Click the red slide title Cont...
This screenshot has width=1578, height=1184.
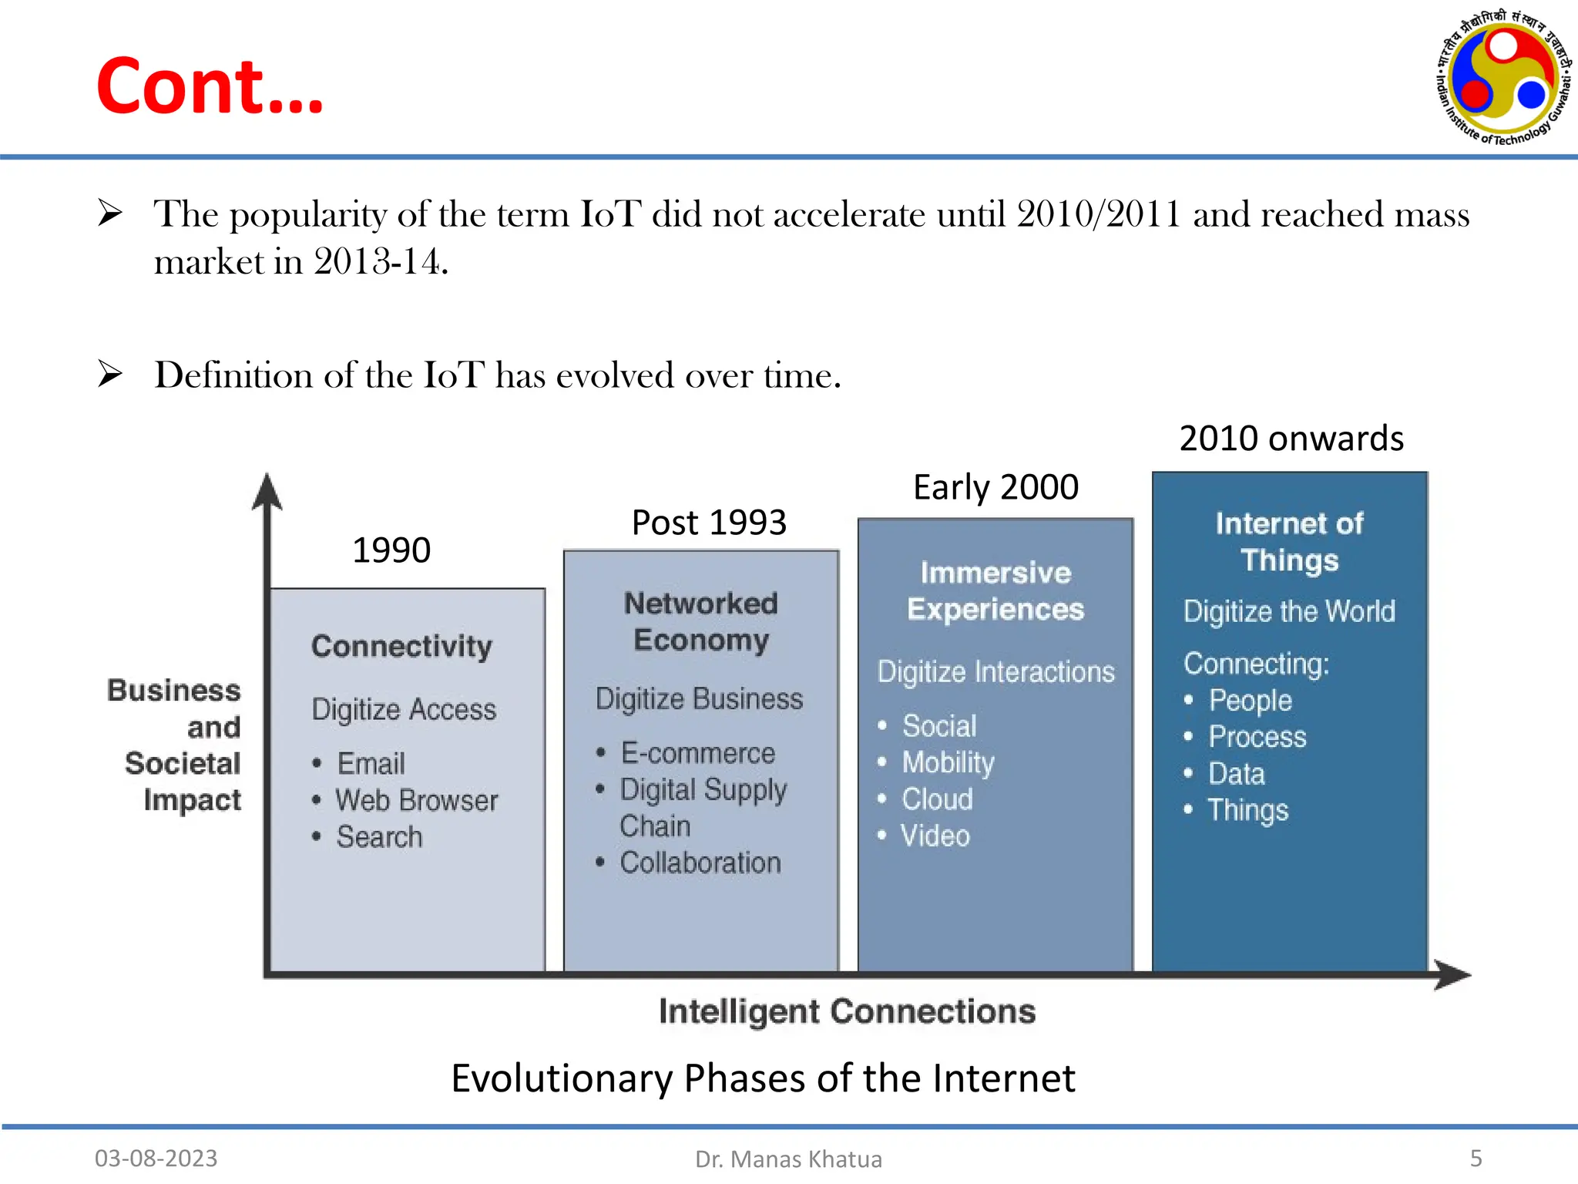210,86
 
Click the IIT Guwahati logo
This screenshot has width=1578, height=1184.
1502,77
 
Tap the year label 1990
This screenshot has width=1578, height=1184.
391,550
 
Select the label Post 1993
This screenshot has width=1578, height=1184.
708,523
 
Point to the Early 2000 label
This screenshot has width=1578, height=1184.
995,487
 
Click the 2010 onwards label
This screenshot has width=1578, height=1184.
1291,439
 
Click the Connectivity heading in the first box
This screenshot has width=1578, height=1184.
401,646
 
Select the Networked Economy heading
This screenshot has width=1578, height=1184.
700,621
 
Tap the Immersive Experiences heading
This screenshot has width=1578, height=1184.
995,590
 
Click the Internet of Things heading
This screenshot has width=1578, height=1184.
1289,541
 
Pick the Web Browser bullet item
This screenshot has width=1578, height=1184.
416,800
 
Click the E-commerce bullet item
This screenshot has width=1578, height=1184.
697,753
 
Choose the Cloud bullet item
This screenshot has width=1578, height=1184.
937,799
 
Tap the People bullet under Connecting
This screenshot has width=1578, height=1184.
1249,701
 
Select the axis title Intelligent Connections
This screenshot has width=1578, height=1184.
847,1011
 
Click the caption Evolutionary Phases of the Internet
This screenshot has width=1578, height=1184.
763,1078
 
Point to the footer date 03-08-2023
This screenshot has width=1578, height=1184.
156,1158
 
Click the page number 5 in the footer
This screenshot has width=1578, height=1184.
1476,1158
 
